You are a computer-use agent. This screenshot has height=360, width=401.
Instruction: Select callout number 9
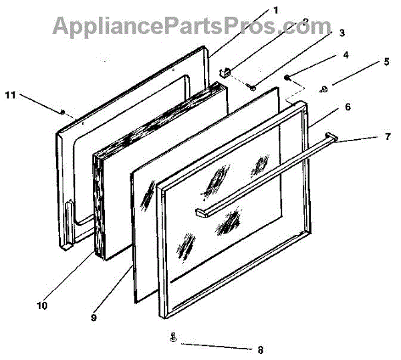94,318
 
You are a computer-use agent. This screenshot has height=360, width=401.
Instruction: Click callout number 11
10,95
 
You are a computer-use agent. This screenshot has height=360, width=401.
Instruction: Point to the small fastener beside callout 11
61,112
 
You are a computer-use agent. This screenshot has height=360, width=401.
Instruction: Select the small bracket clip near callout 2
225,70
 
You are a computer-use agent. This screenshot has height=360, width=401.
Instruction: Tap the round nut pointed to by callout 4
287,78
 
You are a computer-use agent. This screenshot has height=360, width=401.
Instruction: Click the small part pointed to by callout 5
325,87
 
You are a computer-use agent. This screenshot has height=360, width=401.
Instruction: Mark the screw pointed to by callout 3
253,86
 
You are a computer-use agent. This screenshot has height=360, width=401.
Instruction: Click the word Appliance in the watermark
101,26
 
